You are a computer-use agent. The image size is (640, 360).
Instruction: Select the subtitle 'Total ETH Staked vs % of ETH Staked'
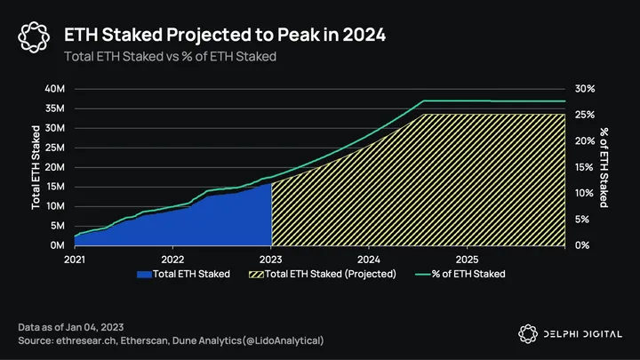(x=169, y=56)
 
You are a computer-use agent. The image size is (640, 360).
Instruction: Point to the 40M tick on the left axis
(x=54, y=89)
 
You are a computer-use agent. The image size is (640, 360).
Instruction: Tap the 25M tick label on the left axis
(x=54, y=148)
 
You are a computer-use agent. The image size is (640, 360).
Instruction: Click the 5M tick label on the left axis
(x=57, y=226)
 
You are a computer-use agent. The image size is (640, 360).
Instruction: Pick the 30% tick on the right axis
(x=584, y=89)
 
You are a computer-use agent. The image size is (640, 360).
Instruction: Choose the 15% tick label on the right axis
(x=584, y=167)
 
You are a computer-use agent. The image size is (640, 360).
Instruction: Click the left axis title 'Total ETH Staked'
(x=36, y=167)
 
